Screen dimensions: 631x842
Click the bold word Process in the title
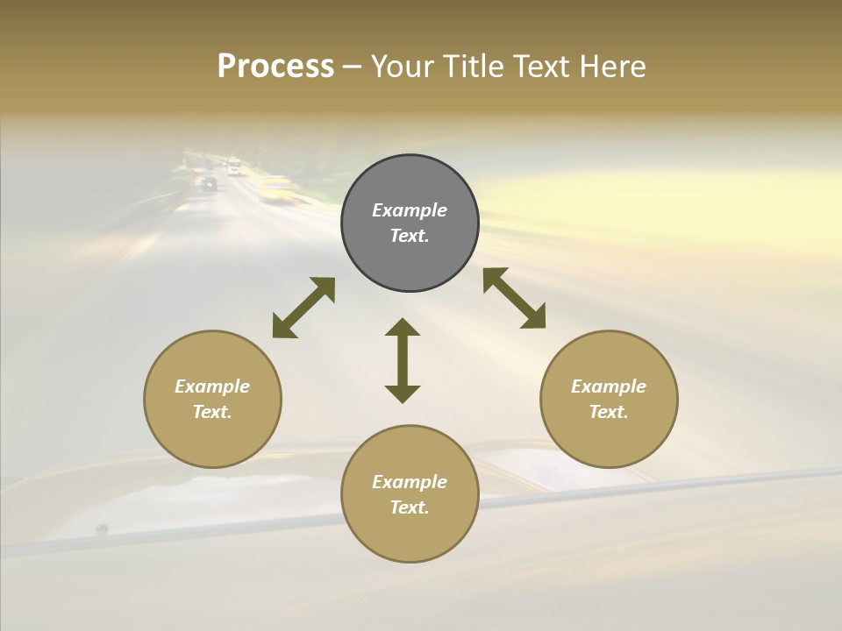coord(275,67)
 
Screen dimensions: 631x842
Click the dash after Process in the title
coord(353,67)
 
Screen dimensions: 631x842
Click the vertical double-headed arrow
coord(403,360)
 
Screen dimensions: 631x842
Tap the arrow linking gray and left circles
coord(303,308)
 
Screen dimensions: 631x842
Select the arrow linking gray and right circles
coord(514,298)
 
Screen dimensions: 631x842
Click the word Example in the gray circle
coord(410,210)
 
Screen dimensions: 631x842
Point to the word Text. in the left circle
coord(212,412)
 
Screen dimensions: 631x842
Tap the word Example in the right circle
coord(609,386)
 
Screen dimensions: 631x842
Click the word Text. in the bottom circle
coord(410,507)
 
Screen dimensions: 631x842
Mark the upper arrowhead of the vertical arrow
coord(403,328)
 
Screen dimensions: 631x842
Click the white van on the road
coord(233,167)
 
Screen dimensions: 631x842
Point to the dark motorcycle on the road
coord(209,183)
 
